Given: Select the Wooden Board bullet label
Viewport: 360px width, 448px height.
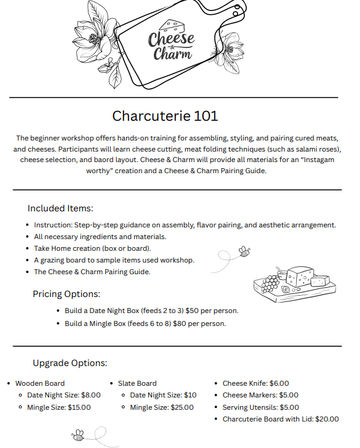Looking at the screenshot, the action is [43, 383].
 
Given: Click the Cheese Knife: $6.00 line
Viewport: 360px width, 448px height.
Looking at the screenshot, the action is [255, 383].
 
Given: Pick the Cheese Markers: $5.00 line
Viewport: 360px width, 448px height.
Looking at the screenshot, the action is [260, 395].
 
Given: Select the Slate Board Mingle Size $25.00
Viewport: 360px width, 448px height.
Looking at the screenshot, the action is [181, 408].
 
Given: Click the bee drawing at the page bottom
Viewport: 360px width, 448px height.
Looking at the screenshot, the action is [78, 435].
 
